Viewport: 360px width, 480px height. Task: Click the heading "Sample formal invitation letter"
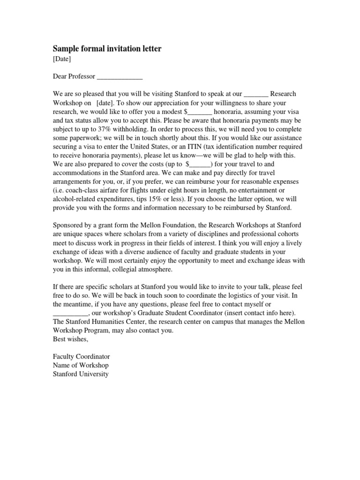pyautogui.click(x=107, y=49)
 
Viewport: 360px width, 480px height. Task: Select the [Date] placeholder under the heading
pyautogui.click(x=62, y=59)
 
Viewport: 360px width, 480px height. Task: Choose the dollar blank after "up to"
pyautogui.click(x=200, y=164)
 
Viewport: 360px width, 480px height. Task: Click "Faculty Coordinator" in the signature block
pyautogui.click(x=81, y=357)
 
